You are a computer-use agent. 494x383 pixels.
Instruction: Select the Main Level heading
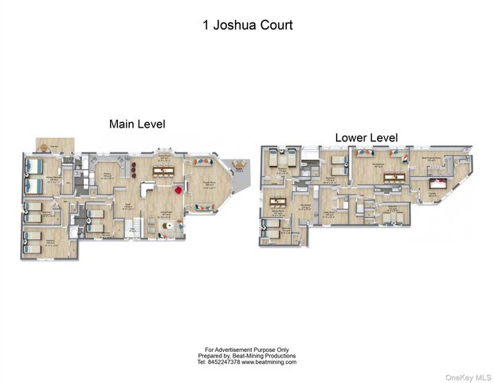coord(137,124)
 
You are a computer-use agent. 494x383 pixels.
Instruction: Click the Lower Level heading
coord(367,138)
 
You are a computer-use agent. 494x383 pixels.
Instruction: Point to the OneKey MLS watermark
coord(469,376)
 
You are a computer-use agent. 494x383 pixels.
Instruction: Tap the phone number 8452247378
coord(225,361)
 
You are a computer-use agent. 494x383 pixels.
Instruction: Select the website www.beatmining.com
coord(269,361)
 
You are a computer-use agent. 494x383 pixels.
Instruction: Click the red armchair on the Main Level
coord(178,190)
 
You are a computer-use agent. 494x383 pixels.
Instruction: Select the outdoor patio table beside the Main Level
coord(240,166)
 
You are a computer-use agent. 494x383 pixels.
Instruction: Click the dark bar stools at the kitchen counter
coord(135,168)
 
